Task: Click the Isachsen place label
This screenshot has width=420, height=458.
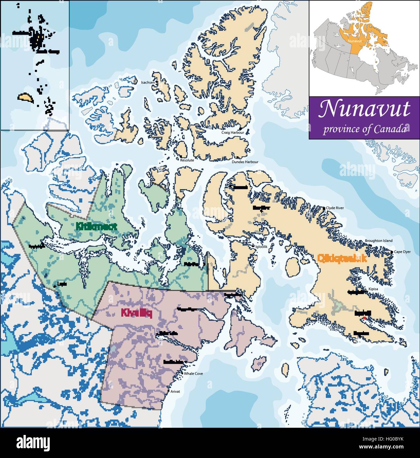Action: [x=147, y=82]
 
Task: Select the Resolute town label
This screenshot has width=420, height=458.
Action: [x=187, y=160]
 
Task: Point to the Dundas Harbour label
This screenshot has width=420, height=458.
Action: [x=245, y=162]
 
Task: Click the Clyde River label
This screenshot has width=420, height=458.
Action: [x=335, y=208]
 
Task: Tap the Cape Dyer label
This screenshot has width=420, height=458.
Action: [x=402, y=252]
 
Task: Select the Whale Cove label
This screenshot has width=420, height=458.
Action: [x=193, y=374]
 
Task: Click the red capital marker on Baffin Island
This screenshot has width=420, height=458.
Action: [x=364, y=318]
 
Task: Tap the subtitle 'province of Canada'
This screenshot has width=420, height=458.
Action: [x=364, y=129]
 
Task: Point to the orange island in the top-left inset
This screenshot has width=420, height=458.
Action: [x=25, y=98]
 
